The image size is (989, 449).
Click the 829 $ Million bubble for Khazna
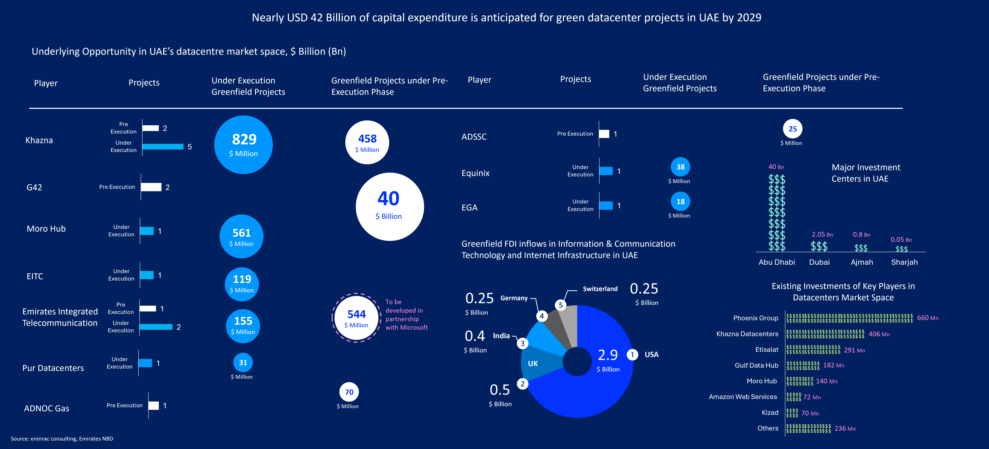243,145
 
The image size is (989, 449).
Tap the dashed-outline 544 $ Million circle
356,318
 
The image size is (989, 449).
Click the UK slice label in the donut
533,363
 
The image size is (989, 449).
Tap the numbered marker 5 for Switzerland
561,305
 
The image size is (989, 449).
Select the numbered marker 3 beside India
522,343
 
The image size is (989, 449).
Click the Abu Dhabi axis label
776,262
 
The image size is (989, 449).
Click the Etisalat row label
767,349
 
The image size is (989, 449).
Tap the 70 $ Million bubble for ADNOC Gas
349,392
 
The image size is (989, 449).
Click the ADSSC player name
474,137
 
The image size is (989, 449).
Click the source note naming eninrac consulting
62,439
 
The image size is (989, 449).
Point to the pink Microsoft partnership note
406,315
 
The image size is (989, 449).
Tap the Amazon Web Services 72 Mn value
812,397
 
